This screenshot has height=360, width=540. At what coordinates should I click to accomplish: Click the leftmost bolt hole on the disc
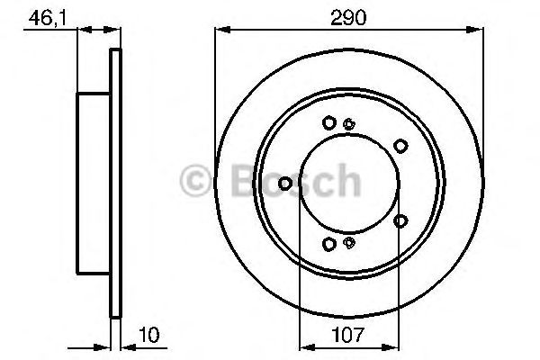coord(285,184)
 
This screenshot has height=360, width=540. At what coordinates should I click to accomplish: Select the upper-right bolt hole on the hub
coord(400,144)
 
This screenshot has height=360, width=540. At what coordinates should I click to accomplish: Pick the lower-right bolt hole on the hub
coord(400,220)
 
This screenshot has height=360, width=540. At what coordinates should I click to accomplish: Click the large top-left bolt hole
coord(329,122)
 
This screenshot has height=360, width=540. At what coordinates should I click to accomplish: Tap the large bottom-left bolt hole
coord(329,244)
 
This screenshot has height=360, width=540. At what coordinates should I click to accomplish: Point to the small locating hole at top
coord(350,125)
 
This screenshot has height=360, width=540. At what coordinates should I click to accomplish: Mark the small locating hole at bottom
coord(350,241)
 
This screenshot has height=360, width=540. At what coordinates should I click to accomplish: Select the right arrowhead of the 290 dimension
coord(480,31)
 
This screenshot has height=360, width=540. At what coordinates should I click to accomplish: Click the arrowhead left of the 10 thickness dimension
coord(103,344)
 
